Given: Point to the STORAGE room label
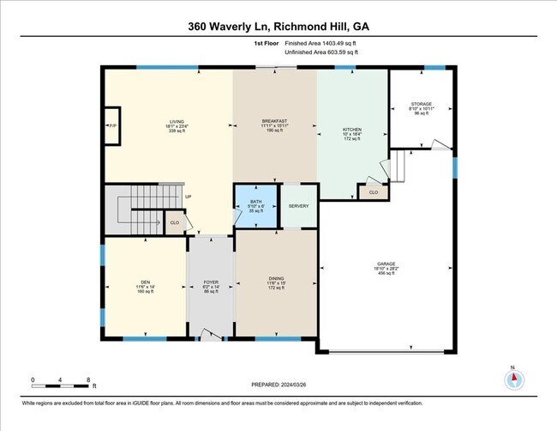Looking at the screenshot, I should pos(421,104).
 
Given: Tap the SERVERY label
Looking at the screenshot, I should pos(298,206).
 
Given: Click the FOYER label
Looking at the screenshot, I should pos(210,282).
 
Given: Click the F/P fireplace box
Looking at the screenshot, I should pos(112,126).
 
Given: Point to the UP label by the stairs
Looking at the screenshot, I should pos(188,196).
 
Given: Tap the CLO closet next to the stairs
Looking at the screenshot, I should pos(175,222).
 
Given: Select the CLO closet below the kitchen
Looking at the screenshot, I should pos(373,193).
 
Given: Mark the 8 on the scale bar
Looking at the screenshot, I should pos(88,379).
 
